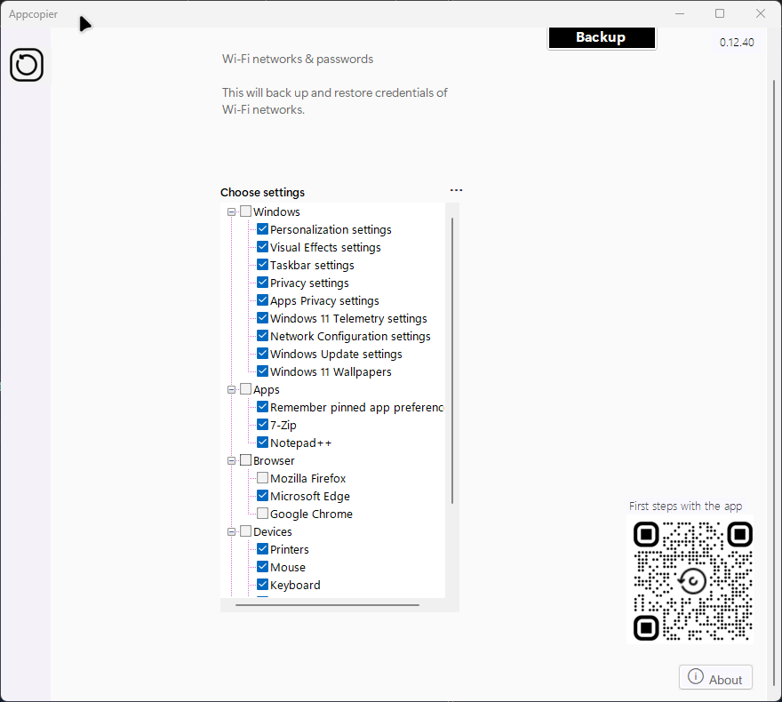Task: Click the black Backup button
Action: [602, 38]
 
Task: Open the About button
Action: [715, 678]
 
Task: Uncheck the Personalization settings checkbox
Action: [262, 229]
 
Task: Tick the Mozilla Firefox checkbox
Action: [262, 478]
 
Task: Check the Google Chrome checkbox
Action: [262, 514]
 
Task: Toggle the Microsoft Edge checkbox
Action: [262, 496]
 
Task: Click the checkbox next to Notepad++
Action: [262, 443]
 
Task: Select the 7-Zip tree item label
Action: [283, 426]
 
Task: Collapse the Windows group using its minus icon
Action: [231, 211]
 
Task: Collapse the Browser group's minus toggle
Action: [231, 460]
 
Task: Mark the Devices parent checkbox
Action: [245, 531]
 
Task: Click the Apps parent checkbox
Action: [245, 389]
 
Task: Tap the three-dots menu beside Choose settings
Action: [457, 190]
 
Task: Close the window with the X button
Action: [761, 13]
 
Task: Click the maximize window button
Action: [720, 13]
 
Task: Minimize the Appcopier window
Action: [680, 13]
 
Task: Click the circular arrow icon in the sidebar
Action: [27, 65]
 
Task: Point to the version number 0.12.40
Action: [737, 43]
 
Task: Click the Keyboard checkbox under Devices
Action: [262, 585]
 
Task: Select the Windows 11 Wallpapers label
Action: [331, 372]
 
